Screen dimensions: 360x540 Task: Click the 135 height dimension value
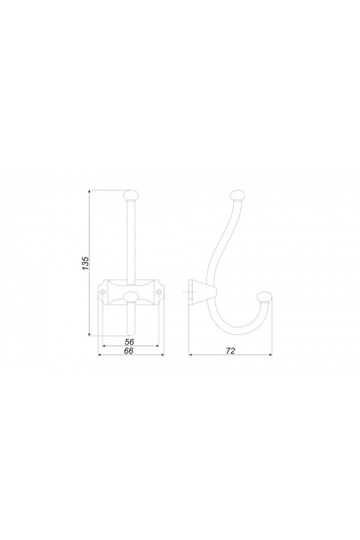(x=86, y=263)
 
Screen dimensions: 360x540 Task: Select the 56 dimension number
(x=130, y=341)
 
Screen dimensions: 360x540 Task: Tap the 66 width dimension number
(x=128, y=350)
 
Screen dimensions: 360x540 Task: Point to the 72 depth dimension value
(x=230, y=350)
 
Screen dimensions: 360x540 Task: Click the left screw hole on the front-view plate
(x=103, y=292)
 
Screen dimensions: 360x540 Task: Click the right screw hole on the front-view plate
(x=158, y=292)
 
